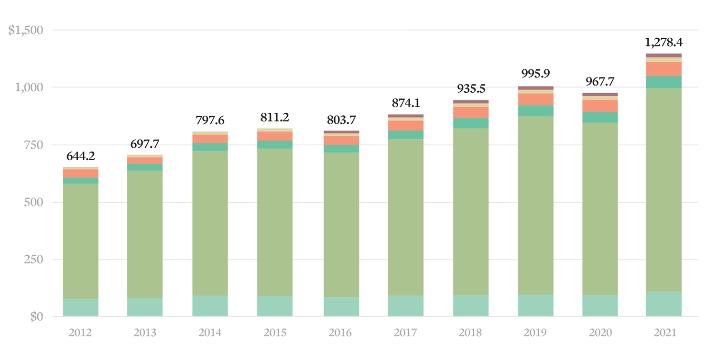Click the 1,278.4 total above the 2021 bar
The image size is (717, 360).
tap(663, 43)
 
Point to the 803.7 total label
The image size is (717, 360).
tap(341, 120)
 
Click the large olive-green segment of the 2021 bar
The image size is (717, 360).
tap(663, 191)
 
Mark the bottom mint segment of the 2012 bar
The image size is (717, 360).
tap(81, 308)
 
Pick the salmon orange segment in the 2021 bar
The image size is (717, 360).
tap(663, 69)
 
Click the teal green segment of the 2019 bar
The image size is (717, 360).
tap(535, 110)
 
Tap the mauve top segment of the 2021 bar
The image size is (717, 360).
tap(663, 55)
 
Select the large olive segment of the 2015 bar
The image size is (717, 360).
tap(274, 222)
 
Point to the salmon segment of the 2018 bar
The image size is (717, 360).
tap(471, 112)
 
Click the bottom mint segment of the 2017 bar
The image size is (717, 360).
tap(405, 306)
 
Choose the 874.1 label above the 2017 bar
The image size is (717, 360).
tap(405, 103)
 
